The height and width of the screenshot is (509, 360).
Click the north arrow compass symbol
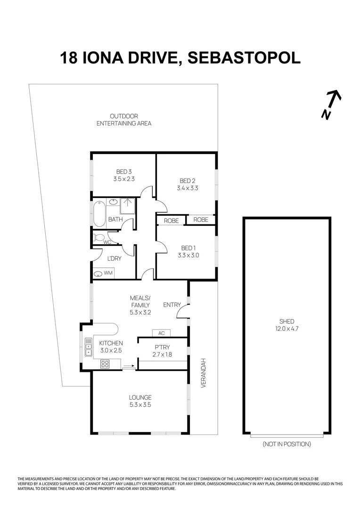click(x=332, y=104)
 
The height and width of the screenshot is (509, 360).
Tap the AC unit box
click(x=161, y=333)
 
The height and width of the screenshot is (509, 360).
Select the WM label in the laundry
click(x=108, y=273)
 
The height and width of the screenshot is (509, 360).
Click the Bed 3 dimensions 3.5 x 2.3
click(x=124, y=179)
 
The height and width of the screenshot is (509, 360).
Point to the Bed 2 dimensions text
click(x=187, y=188)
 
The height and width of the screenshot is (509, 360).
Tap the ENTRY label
click(x=172, y=305)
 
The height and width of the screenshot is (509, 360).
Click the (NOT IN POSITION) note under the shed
click(x=286, y=444)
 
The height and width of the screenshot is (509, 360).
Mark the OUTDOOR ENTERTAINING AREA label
click(x=124, y=120)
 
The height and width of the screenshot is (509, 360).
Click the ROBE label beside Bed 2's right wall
click(x=201, y=220)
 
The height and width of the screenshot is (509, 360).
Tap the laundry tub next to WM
click(x=98, y=274)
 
